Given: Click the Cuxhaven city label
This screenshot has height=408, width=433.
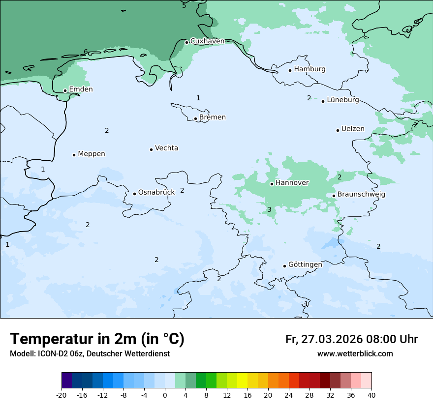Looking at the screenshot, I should tap(207, 41).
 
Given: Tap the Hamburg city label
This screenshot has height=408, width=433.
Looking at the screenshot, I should tap(309, 69).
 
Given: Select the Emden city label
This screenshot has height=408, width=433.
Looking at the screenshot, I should tap(81, 89).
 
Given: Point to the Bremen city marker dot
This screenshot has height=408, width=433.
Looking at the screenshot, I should tap(195, 118).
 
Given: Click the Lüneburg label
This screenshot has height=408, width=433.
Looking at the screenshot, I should tap(343, 100).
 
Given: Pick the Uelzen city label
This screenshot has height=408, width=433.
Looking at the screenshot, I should tap(353, 129).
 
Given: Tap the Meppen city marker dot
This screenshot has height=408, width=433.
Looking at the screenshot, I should tap(74, 155).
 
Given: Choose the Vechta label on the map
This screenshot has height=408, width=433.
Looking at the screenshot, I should tap(166, 148).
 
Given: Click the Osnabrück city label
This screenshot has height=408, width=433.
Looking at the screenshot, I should tap(156, 193).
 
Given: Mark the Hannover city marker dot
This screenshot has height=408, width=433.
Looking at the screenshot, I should tap(272, 184).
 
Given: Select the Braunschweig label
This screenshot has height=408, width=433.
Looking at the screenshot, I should tap(361, 195).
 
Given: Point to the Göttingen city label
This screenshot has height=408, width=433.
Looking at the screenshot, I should tap(305, 265).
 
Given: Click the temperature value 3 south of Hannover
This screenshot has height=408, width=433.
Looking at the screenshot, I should tap(269, 210).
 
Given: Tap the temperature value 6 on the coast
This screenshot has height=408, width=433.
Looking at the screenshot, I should tap(86, 52).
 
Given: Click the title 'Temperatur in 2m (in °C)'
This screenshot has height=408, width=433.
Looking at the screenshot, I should tap(97, 339).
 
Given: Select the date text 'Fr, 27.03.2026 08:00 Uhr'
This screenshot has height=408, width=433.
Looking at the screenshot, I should tap(351, 339).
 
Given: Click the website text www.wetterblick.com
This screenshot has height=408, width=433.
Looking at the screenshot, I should tap(355, 354).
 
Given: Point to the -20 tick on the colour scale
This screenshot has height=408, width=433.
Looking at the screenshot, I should tap(62, 395).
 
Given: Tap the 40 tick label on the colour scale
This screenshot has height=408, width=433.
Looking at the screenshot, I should tap(371, 395).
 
